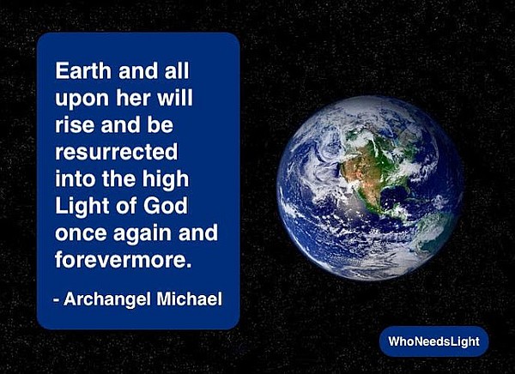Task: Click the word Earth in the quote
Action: (x=83, y=70)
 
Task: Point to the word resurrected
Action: (x=117, y=152)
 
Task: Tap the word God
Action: (x=165, y=206)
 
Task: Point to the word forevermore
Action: (x=123, y=259)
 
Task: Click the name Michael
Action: (x=189, y=299)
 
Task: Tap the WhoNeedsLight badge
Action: (x=433, y=341)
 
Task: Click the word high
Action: (x=166, y=180)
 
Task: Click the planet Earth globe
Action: (x=370, y=188)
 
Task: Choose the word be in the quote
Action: (x=160, y=124)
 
